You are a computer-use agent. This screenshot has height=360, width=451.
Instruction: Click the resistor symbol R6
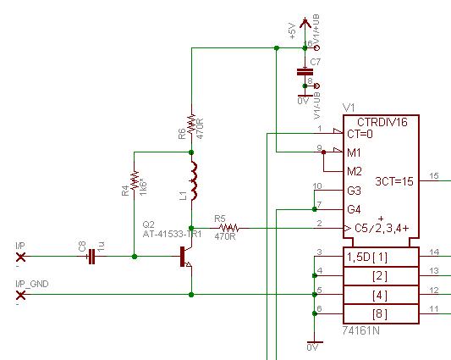coord(192,124)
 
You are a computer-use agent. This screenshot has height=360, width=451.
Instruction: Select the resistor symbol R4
coord(135,186)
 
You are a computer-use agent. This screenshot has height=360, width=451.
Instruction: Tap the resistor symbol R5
coord(229,227)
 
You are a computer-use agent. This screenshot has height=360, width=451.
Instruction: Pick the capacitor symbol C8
coord(91,255)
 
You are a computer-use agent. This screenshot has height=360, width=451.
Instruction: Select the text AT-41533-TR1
coord(172,234)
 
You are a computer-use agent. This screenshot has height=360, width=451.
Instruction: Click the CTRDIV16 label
coord(382,123)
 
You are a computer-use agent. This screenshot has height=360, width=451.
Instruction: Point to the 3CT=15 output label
coord(393,180)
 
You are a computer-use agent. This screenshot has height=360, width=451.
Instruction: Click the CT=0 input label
coord(360,135)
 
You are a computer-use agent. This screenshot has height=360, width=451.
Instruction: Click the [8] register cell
coord(379,313)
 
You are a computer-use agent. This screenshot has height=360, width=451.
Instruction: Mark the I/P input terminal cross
coord(21,255)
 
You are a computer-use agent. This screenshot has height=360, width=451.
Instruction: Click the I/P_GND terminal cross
coord(21,295)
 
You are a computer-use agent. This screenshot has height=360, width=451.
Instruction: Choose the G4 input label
coord(354,209)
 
